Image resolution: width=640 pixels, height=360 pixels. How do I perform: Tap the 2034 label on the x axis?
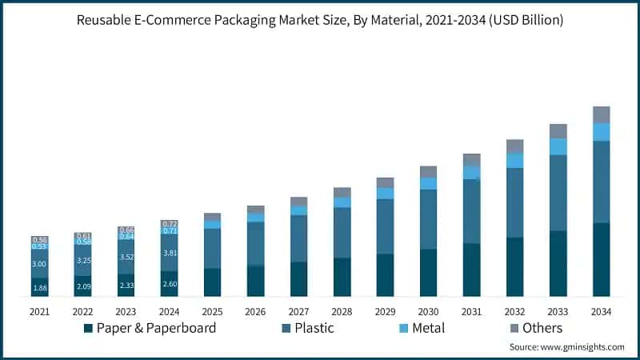601,310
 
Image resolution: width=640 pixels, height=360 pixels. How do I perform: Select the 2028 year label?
342,310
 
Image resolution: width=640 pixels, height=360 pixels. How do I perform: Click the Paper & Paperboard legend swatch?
87,328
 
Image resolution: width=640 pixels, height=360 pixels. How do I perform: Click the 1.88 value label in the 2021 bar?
40,289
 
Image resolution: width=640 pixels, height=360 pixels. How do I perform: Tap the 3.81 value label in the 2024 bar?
169,253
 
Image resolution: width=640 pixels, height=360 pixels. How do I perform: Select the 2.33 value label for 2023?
126,286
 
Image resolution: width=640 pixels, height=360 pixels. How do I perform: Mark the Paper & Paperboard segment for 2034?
601,259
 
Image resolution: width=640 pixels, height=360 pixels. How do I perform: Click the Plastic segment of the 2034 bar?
601,182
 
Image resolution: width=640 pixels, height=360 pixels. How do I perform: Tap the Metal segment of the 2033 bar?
558,146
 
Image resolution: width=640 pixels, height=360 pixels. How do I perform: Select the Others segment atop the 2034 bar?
601,114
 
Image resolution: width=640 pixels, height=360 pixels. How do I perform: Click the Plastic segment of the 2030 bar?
429,219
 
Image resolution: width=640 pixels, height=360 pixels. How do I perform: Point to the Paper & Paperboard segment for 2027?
299,279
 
